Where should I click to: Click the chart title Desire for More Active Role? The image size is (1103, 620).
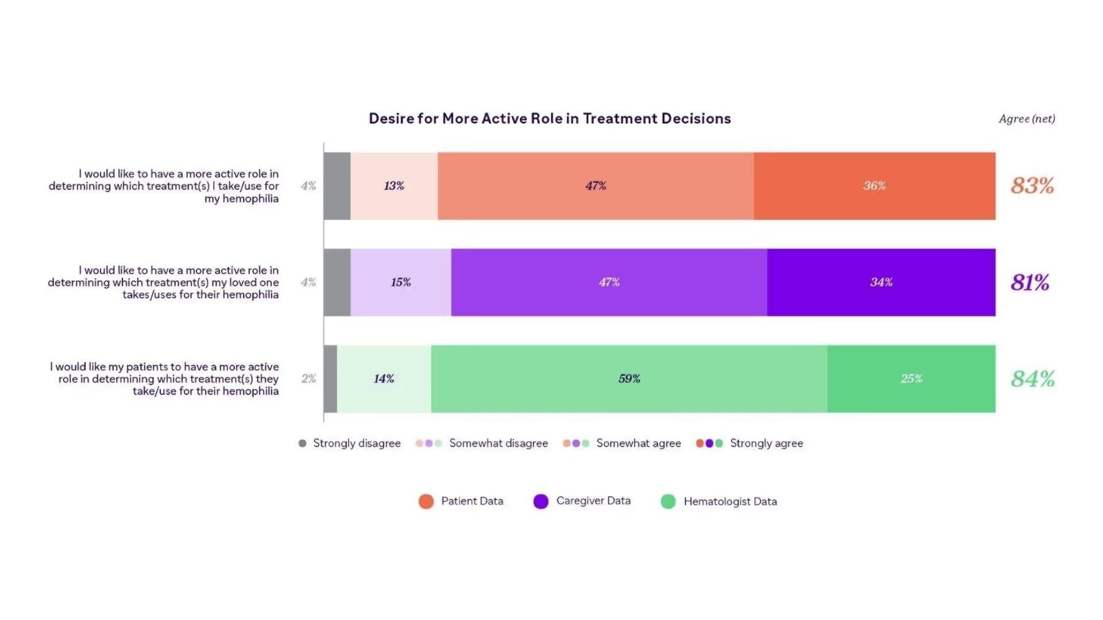[550, 119]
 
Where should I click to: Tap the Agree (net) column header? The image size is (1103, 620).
[1027, 119]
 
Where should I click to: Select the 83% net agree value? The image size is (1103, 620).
[1032, 186]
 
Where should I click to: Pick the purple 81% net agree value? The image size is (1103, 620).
[1030, 282]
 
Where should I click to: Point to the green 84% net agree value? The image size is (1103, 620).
[1032, 379]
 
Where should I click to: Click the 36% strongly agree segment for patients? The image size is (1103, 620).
[874, 186]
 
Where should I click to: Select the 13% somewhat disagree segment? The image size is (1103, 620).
[394, 186]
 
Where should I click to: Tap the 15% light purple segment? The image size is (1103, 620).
[401, 282]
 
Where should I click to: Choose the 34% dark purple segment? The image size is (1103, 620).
[881, 282]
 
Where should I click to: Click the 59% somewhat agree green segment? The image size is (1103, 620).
[629, 379]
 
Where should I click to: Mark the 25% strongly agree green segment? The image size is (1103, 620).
[911, 379]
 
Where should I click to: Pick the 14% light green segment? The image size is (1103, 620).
[384, 379]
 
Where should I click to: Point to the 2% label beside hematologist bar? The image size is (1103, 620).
[308, 379]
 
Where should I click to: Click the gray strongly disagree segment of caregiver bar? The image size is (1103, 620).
[337, 282]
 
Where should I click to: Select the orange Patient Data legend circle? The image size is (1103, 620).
[426, 501]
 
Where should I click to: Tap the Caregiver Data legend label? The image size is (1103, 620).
[593, 501]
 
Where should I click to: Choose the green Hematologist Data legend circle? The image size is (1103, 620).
[668, 501]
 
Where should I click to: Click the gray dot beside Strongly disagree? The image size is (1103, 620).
[303, 443]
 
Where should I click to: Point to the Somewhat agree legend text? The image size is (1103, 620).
[638, 443]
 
